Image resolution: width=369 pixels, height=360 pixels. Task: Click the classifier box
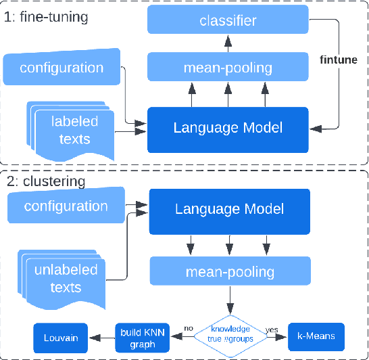(228, 21)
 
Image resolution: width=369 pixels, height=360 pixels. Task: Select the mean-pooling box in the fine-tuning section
(228, 67)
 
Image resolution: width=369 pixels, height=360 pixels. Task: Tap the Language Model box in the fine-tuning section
(228, 127)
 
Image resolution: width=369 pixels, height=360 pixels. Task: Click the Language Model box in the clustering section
(229, 209)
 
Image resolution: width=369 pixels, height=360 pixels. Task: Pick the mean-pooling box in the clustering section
(229, 272)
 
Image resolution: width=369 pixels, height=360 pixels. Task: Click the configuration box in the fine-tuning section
(62, 68)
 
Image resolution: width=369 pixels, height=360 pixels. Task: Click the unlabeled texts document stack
(65, 277)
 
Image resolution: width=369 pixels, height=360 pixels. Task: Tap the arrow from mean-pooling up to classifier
(228, 44)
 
